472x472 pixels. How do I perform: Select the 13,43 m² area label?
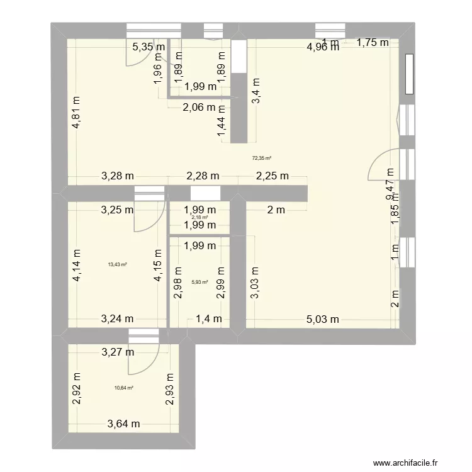pos(118,265)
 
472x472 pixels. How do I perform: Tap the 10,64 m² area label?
pos(123,388)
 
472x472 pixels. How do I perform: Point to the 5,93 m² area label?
pos(201,281)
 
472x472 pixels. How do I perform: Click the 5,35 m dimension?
pos(149,46)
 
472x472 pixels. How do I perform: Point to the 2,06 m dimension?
pos(199,108)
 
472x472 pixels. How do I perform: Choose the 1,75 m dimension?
pos(373,43)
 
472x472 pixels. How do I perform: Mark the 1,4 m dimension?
pos(208,319)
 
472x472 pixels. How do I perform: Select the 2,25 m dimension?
pos(272,176)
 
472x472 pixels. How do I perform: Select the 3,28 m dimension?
pos(118,176)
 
